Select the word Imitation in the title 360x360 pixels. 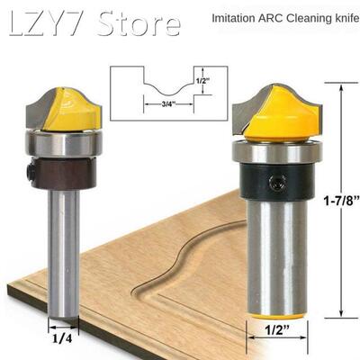pos(237,18)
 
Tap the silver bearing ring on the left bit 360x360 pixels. pos(63,142)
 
